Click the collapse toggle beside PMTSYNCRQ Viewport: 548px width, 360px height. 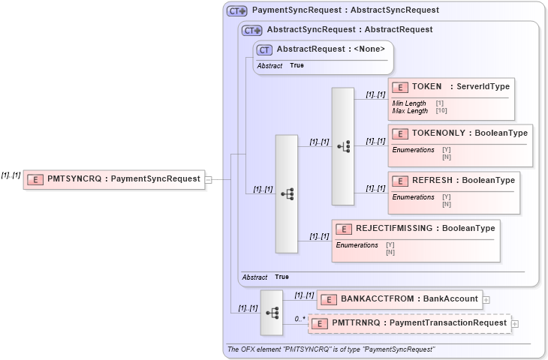coord(209,179)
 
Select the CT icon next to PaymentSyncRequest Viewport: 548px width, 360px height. coord(237,11)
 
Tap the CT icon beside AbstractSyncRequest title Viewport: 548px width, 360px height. coord(252,31)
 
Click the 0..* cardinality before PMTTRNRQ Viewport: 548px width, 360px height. coord(300,319)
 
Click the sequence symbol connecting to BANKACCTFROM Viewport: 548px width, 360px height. coord(271,312)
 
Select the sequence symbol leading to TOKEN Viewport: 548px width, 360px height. coord(343,146)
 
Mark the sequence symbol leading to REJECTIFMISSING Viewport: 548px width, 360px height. coord(287,193)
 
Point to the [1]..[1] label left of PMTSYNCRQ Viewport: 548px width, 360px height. coord(11,175)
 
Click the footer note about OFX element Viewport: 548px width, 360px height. coord(330,349)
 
